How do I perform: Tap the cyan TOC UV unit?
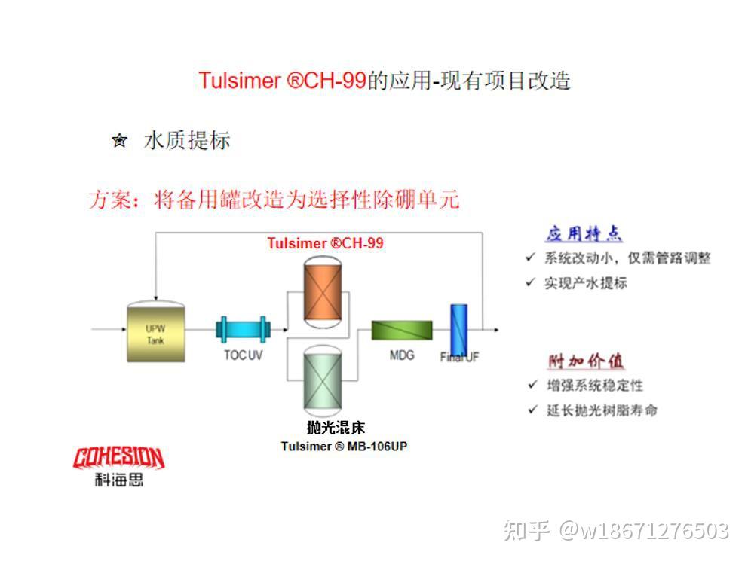[243, 330]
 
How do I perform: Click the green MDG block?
[402, 331]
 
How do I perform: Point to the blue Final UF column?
[458, 332]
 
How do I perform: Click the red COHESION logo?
[118, 457]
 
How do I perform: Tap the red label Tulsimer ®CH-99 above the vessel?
[325, 243]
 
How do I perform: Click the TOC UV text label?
[243, 355]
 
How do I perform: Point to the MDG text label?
[402, 354]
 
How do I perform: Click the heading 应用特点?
[584, 233]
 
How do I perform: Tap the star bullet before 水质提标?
[119, 140]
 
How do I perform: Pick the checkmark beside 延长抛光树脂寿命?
[532, 410]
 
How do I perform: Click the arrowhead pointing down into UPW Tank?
[155, 297]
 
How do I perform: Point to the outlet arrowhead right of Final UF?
[495, 329]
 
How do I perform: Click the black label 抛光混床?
[336, 428]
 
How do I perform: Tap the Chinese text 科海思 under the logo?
[118, 480]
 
